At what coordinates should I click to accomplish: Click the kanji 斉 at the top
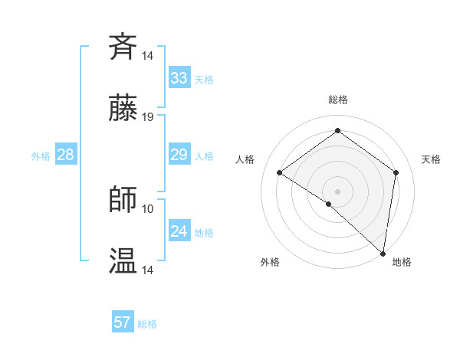(123, 45)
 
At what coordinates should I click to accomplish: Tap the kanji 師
(123, 200)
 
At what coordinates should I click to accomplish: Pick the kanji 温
(123, 261)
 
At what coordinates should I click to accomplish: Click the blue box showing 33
(179, 78)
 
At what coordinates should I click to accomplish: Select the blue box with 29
(179, 155)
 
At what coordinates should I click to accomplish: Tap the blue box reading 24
(179, 232)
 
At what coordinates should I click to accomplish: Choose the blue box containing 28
(66, 155)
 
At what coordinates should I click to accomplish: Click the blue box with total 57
(123, 322)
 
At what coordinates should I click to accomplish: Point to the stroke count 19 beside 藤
(148, 117)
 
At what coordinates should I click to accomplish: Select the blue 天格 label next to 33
(204, 80)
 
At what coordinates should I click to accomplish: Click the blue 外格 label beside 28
(41, 156)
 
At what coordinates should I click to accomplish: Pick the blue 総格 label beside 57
(147, 324)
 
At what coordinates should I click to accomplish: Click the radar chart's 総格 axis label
(337, 100)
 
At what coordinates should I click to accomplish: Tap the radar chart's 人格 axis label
(245, 160)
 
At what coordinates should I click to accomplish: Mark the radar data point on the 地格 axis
(383, 253)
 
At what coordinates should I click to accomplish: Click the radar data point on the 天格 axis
(396, 172)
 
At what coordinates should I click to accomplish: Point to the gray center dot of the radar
(337, 191)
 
